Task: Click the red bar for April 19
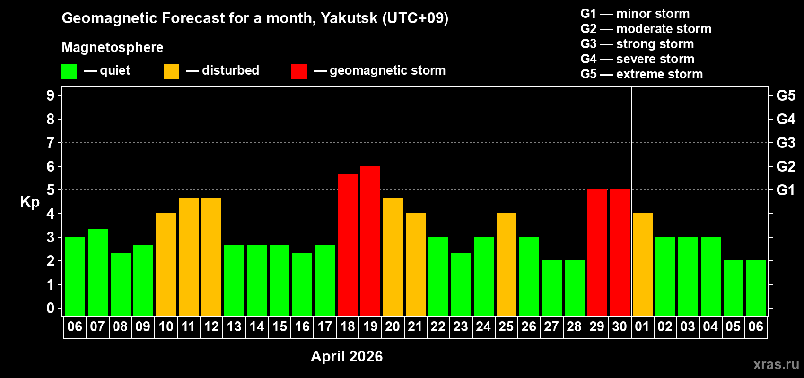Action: click(x=370, y=241)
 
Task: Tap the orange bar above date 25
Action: click(x=507, y=264)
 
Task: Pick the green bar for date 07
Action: click(x=98, y=272)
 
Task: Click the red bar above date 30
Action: click(x=620, y=252)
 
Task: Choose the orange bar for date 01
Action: click(x=643, y=264)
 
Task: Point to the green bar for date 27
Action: click(x=552, y=288)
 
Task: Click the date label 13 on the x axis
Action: click(x=234, y=326)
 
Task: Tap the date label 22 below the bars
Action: click(x=438, y=326)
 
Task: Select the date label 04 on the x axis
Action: click(x=710, y=326)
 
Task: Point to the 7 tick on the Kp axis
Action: click(x=51, y=143)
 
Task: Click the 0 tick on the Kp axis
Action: click(x=51, y=308)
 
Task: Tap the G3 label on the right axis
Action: click(x=786, y=143)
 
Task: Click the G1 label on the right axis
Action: click(x=786, y=190)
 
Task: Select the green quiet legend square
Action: click(x=70, y=71)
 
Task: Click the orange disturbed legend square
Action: click(x=171, y=71)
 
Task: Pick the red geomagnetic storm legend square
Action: click(x=299, y=71)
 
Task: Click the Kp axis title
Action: click(x=30, y=202)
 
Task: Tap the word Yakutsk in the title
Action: click(x=349, y=18)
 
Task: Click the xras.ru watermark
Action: click(x=776, y=364)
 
